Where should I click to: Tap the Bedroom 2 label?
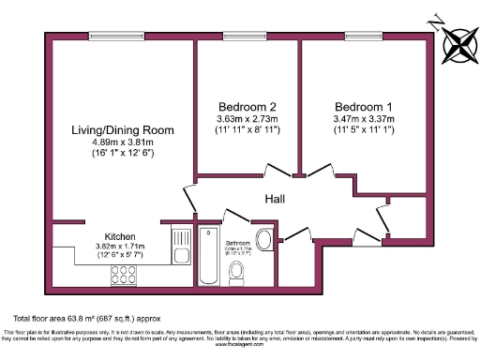coord(247,106)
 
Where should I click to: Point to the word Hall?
coord(275,200)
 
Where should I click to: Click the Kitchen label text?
coord(123,236)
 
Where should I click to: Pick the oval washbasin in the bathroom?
coord(264,239)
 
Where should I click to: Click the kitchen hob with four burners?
coord(124,276)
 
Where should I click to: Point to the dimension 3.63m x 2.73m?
coord(247,119)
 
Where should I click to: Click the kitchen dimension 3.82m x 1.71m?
coord(123,247)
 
